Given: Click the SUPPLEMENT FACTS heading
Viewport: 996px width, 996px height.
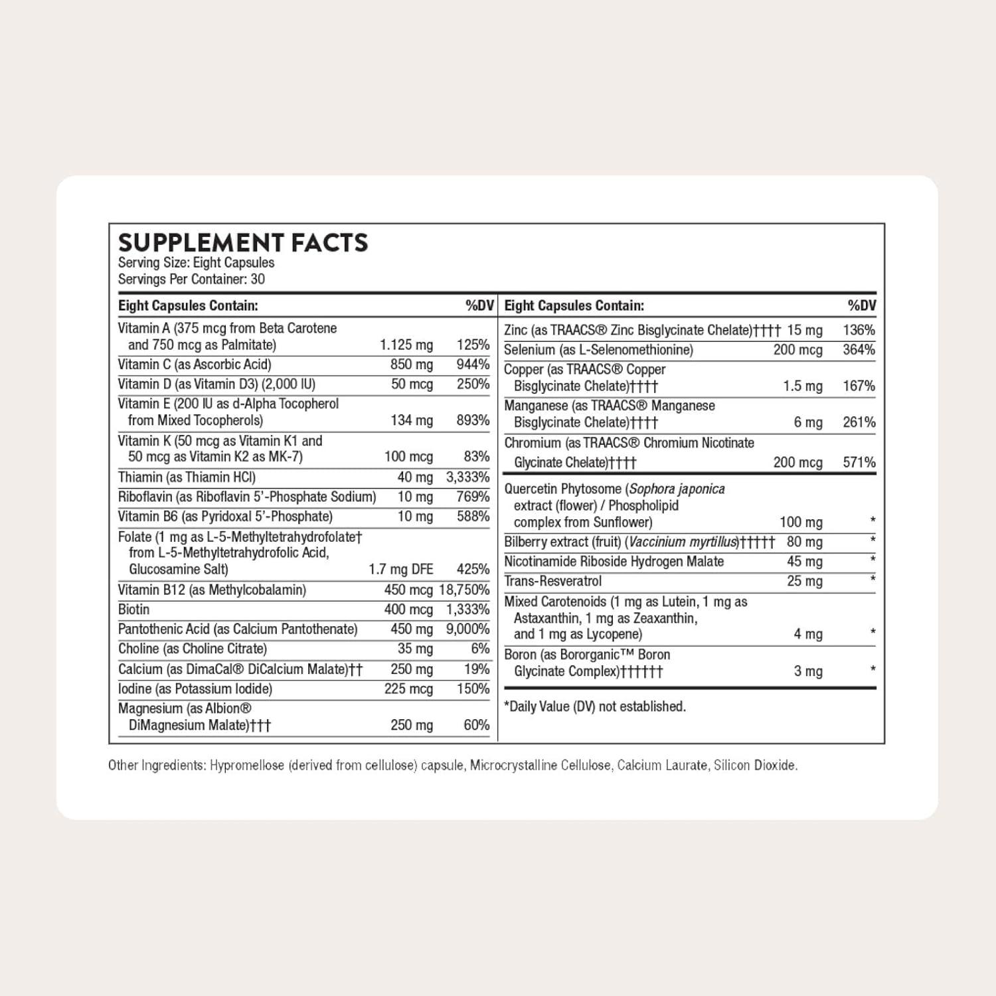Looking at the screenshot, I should (243, 243).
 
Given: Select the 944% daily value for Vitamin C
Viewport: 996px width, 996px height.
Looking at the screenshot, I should (473, 365).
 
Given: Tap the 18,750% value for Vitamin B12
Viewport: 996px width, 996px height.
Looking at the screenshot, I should (464, 590).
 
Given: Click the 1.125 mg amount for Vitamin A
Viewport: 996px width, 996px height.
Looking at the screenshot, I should (406, 345).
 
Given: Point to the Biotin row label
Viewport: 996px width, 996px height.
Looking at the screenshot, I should (134, 610).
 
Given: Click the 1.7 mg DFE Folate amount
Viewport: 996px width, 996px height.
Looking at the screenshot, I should (401, 569).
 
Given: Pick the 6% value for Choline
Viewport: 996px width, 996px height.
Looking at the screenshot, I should (480, 649).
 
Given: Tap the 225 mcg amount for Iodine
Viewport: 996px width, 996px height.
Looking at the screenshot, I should (408, 689).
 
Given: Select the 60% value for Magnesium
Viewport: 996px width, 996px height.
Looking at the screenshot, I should (476, 725).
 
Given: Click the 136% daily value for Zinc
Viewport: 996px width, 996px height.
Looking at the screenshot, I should (859, 330).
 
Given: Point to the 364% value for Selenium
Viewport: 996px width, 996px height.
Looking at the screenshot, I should (859, 350).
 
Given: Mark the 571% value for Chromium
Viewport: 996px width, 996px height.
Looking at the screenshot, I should (859, 462).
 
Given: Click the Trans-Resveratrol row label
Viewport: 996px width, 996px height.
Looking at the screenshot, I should (553, 582).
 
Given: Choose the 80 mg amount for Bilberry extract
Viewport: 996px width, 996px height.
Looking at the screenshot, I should (804, 542).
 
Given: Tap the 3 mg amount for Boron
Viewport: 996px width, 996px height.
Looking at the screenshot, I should (808, 671).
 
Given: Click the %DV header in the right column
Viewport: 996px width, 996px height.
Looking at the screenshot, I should (861, 305).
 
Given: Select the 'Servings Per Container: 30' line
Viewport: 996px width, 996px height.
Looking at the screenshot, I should (191, 280).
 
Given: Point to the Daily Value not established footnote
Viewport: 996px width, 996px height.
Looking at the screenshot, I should (595, 706).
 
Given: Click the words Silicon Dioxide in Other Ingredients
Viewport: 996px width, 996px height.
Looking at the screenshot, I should (756, 766).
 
